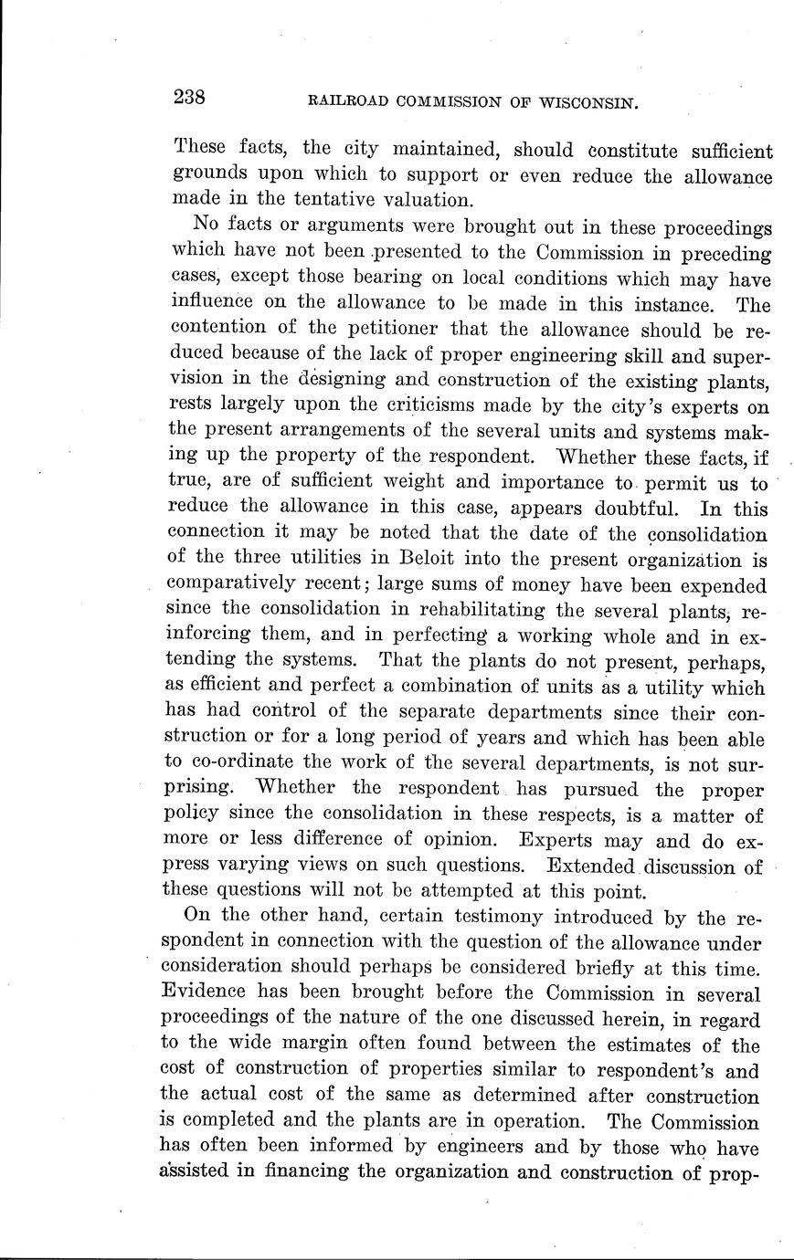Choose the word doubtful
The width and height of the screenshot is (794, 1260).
[x=628, y=508]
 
